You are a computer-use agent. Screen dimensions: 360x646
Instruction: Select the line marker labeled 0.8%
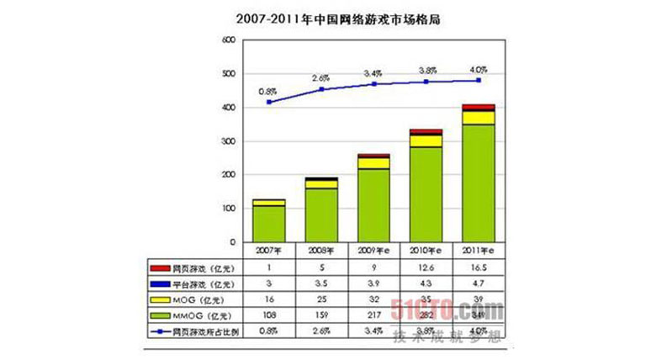click(268, 102)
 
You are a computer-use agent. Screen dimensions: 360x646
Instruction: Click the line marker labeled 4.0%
click(479, 80)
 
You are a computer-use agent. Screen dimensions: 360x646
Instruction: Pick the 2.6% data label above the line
click(320, 78)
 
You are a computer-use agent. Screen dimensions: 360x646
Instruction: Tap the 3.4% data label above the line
click(373, 73)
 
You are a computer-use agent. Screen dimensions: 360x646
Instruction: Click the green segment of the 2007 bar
click(268, 224)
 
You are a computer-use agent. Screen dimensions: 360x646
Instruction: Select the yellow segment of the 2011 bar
click(479, 118)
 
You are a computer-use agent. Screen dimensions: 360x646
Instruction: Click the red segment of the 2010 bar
click(426, 131)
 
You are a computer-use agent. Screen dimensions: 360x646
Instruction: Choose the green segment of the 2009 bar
click(373, 205)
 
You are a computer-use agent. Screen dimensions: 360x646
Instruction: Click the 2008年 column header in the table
click(320, 250)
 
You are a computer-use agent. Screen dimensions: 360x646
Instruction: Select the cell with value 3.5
click(320, 283)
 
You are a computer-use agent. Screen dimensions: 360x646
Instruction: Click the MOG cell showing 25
click(320, 299)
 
